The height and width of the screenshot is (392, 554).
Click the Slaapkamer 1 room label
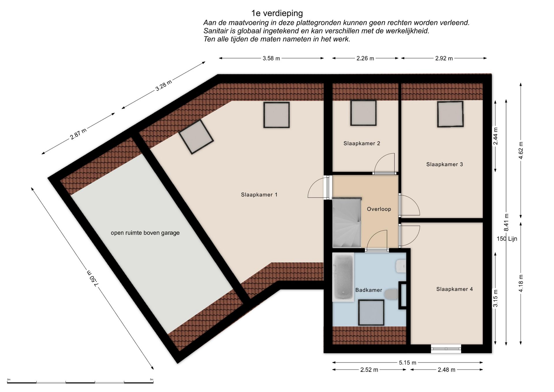tap(259, 195)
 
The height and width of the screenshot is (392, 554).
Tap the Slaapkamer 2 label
tap(362, 143)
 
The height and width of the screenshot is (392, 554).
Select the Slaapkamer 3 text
tap(444, 164)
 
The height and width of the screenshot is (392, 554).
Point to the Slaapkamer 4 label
tap(454, 289)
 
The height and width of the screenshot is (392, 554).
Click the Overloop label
tap(379, 209)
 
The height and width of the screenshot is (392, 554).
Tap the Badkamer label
tap(368, 290)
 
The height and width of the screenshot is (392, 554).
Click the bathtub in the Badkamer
tap(343, 277)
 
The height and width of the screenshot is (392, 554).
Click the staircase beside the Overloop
tap(347, 223)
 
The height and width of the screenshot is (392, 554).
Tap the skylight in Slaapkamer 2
tap(363, 113)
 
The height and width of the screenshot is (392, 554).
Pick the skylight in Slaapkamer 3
tap(450, 114)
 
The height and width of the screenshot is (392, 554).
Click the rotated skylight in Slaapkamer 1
tap(196, 137)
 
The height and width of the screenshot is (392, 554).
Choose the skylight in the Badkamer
tap(371, 312)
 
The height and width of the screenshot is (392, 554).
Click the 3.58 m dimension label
tap(271, 58)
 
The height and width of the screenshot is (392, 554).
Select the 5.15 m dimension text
tap(407, 363)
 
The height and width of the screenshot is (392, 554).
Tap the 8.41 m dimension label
tap(506, 222)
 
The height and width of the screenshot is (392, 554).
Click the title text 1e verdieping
tap(277, 13)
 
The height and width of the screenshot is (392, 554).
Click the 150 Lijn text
tap(507, 239)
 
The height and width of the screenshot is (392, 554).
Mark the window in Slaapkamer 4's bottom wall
tap(446, 349)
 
